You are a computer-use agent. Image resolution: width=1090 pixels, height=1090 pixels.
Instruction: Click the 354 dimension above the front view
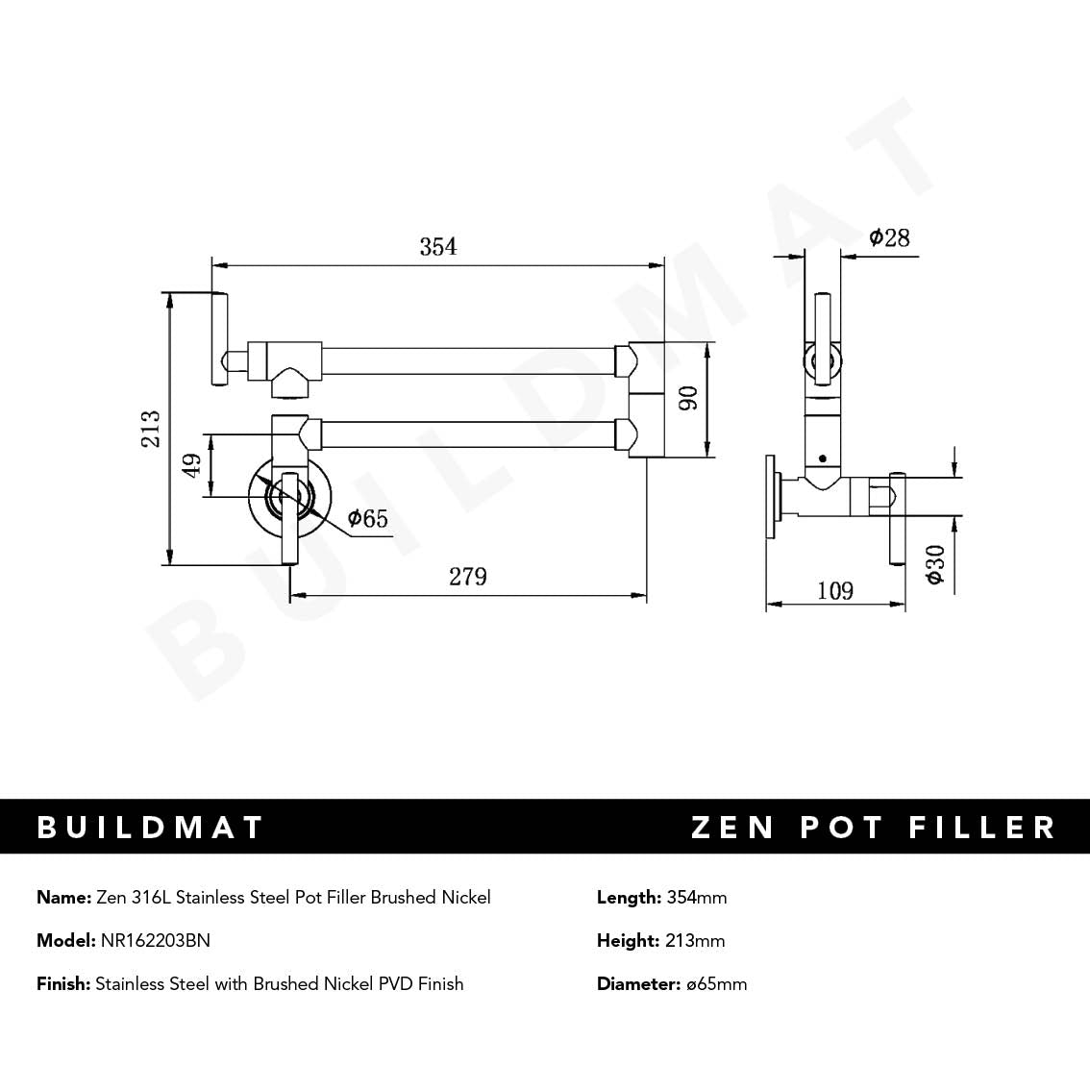tap(437, 247)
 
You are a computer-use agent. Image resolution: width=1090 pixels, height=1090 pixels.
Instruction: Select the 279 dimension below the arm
tap(467, 577)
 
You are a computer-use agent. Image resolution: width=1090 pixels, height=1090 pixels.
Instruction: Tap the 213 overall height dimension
tap(151, 429)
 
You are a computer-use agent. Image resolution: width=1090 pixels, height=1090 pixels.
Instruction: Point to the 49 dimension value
tap(192, 466)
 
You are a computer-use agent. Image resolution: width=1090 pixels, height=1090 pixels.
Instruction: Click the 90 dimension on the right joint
tap(688, 399)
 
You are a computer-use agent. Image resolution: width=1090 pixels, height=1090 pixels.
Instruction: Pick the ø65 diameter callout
tap(367, 519)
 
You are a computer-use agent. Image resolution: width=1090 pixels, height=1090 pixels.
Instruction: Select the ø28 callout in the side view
tap(889, 237)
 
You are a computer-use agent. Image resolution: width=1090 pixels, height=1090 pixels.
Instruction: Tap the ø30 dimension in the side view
tap(934, 564)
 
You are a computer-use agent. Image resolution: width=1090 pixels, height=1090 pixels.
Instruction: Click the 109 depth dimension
tap(834, 590)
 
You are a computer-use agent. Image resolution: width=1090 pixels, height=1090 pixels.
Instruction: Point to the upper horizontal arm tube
tap(471, 360)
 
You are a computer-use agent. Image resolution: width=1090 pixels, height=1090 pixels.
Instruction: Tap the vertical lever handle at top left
tap(219, 337)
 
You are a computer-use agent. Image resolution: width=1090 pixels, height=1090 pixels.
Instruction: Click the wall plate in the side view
tap(772, 498)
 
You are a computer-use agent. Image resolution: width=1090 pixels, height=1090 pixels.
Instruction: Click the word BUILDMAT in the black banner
tap(150, 828)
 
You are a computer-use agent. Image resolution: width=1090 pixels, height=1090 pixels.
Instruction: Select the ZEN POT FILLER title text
tap(873, 828)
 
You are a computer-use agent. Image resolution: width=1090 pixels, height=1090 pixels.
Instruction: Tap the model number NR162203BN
tap(155, 941)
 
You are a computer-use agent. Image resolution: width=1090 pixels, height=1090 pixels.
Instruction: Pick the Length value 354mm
tap(696, 898)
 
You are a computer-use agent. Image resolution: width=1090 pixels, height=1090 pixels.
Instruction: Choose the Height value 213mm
tap(694, 941)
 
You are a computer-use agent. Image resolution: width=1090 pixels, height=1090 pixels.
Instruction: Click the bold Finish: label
tap(63, 984)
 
